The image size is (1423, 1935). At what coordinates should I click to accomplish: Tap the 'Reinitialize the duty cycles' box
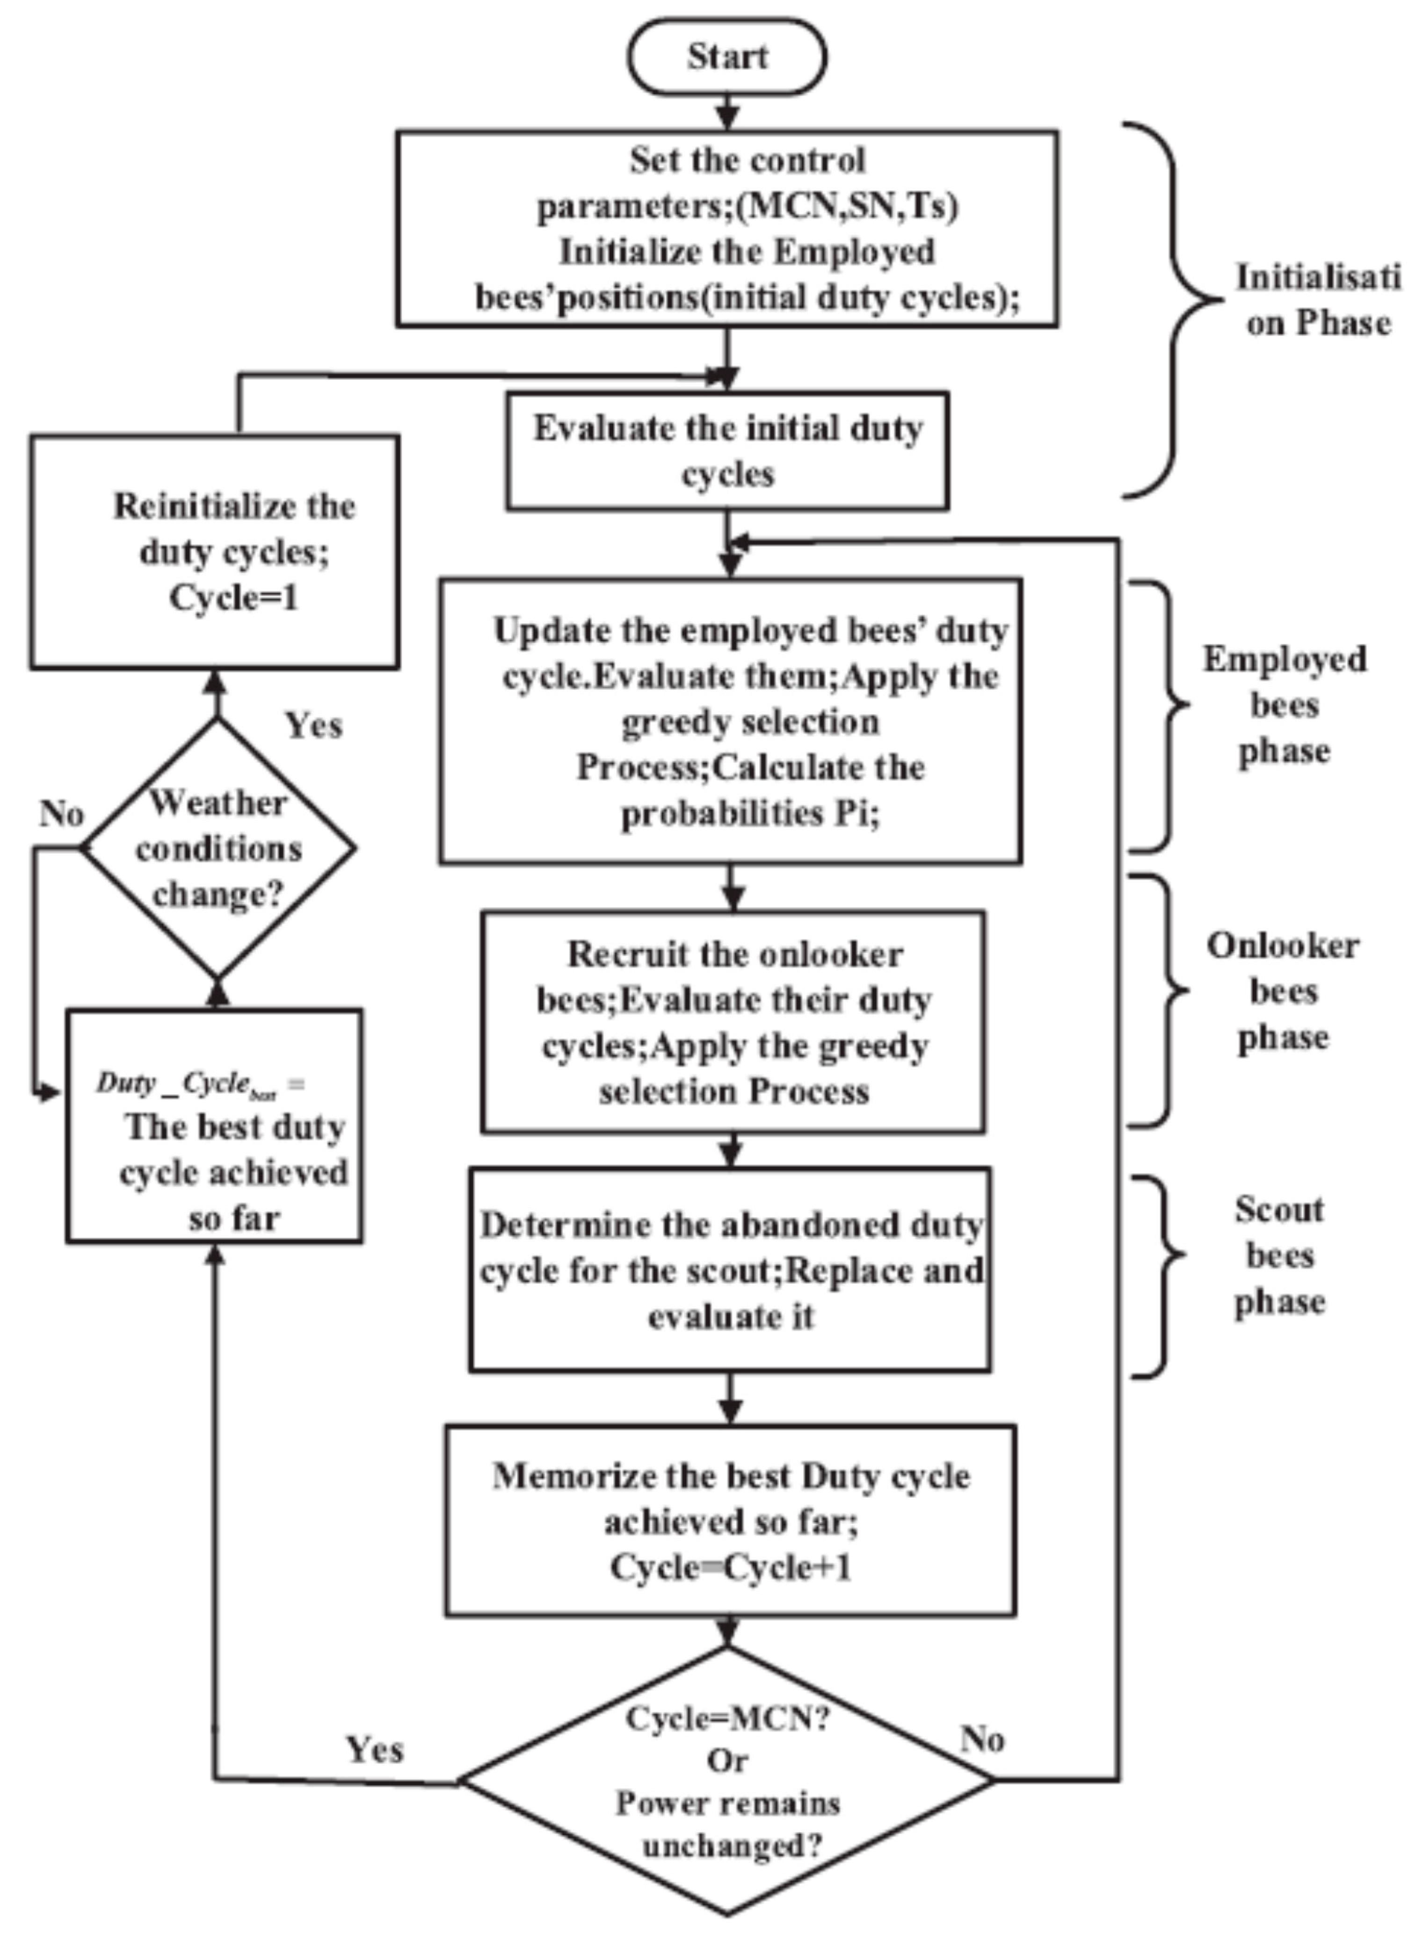pos(215,551)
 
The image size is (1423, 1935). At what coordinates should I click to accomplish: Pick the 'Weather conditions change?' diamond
pos(218,848)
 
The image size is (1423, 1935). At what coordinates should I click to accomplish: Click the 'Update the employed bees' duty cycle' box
pos(731,721)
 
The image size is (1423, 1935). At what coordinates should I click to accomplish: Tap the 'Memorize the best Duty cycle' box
pos(731,1521)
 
